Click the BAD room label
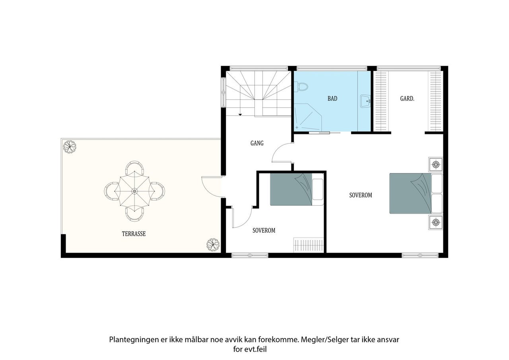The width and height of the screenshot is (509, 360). (332, 98)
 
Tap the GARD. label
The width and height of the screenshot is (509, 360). (407, 98)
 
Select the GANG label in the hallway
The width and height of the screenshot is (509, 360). (257, 143)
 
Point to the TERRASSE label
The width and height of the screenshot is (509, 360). (134, 234)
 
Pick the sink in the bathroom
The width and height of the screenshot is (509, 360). (365, 101)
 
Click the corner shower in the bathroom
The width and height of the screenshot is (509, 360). (308, 117)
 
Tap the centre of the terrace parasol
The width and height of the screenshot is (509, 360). (134, 191)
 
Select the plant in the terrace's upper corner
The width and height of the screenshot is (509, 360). (70, 147)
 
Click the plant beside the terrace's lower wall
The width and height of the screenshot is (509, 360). (213, 245)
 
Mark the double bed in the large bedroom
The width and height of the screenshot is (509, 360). (416, 193)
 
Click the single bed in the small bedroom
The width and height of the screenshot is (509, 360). (297, 189)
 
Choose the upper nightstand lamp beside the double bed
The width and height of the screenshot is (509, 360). (435, 164)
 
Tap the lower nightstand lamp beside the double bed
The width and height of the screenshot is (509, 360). (435, 222)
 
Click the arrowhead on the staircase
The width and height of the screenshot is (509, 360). (240, 115)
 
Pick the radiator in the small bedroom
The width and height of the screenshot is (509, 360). (308, 245)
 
